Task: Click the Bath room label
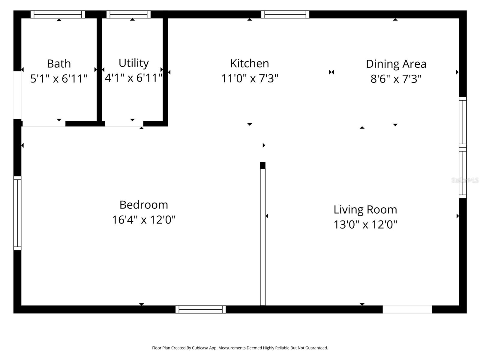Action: [x=59, y=64]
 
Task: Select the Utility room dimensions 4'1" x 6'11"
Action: [x=133, y=78]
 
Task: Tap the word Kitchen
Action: [x=250, y=63]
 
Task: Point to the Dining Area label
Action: [x=396, y=64]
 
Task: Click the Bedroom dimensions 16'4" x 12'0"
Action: [x=144, y=220]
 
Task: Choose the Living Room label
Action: [x=365, y=209]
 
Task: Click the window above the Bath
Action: [x=58, y=14]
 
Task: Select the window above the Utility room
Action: [x=128, y=14]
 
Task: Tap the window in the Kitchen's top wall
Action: [x=285, y=14]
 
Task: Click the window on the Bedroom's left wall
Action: [x=17, y=213]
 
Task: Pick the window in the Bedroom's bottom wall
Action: [x=200, y=309]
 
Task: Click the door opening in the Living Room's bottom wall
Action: [x=407, y=309]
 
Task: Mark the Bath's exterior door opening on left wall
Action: [x=17, y=95]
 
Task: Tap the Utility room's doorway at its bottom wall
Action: [x=124, y=124]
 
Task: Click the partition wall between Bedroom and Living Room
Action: [x=262, y=237]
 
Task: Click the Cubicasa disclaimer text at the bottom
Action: [x=240, y=348]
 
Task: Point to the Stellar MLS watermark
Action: [x=465, y=180]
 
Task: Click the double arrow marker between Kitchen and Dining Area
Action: [x=331, y=72]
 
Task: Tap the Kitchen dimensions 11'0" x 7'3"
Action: [x=250, y=79]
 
